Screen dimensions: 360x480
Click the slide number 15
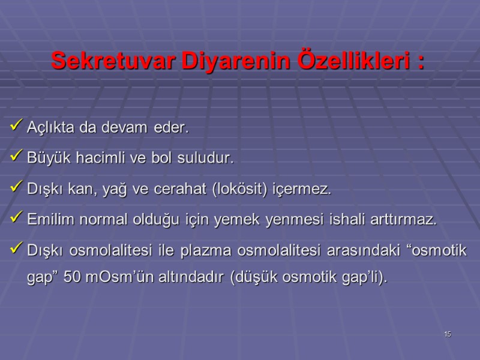click(448, 334)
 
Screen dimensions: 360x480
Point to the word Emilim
click(47, 220)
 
